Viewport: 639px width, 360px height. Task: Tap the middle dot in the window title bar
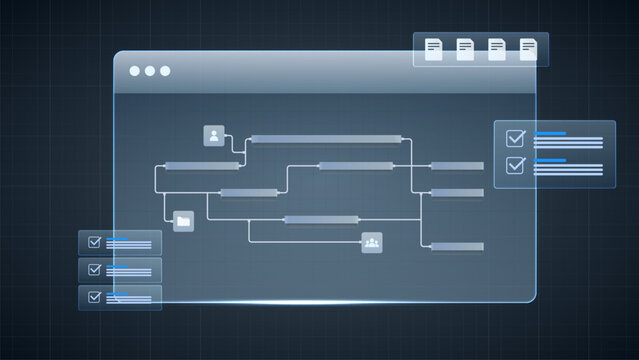tap(150, 71)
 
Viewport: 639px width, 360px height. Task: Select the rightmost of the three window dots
tap(165, 71)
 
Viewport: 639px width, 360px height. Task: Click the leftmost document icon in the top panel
tap(434, 49)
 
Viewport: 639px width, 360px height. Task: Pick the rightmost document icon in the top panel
tap(528, 49)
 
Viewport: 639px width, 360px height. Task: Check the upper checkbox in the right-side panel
tap(516, 139)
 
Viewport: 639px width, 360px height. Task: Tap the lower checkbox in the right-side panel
tap(516, 165)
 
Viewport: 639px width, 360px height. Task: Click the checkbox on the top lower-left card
tap(95, 242)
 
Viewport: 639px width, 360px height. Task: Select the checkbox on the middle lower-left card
tap(95, 269)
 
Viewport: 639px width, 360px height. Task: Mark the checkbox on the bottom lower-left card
tap(95, 296)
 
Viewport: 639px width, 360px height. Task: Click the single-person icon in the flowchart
tap(213, 135)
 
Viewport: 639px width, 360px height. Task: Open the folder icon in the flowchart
tap(183, 220)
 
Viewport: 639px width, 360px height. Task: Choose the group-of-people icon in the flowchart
tap(372, 241)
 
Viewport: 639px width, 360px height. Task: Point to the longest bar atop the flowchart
tap(326, 139)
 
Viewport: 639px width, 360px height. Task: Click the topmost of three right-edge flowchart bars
tap(457, 166)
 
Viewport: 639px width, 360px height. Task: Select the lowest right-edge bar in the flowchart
tap(457, 246)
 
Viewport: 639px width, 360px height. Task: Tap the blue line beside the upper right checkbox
tap(551, 133)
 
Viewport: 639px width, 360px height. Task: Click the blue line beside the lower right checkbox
tap(551, 159)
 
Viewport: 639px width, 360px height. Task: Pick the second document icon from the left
tap(465, 49)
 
